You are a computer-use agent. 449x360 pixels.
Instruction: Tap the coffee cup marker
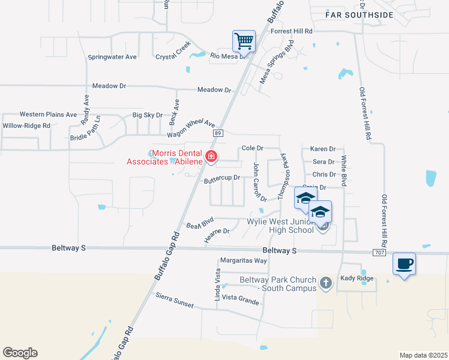[404, 263]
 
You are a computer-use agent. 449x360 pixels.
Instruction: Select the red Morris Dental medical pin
[211, 157]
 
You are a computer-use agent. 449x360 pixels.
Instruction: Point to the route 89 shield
[218, 133]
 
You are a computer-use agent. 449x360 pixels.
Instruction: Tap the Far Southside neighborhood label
[359, 14]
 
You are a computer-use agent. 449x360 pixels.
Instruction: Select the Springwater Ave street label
[112, 57]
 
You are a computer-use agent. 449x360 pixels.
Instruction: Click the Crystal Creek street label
[173, 51]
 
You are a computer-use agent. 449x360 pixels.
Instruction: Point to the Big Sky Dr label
[147, 115]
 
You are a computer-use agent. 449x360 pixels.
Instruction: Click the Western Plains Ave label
[48, 114]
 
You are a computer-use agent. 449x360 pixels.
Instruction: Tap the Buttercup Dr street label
[221, 179]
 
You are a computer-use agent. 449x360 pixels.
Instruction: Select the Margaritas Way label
[243, 260]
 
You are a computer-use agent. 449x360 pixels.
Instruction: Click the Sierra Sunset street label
[175, 301]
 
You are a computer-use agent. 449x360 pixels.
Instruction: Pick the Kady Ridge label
[357, 278]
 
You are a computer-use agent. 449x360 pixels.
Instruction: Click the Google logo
[20, 353]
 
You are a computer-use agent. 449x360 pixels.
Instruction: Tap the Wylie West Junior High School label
[280, 226]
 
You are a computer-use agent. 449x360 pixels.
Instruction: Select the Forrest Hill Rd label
[292, 31]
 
